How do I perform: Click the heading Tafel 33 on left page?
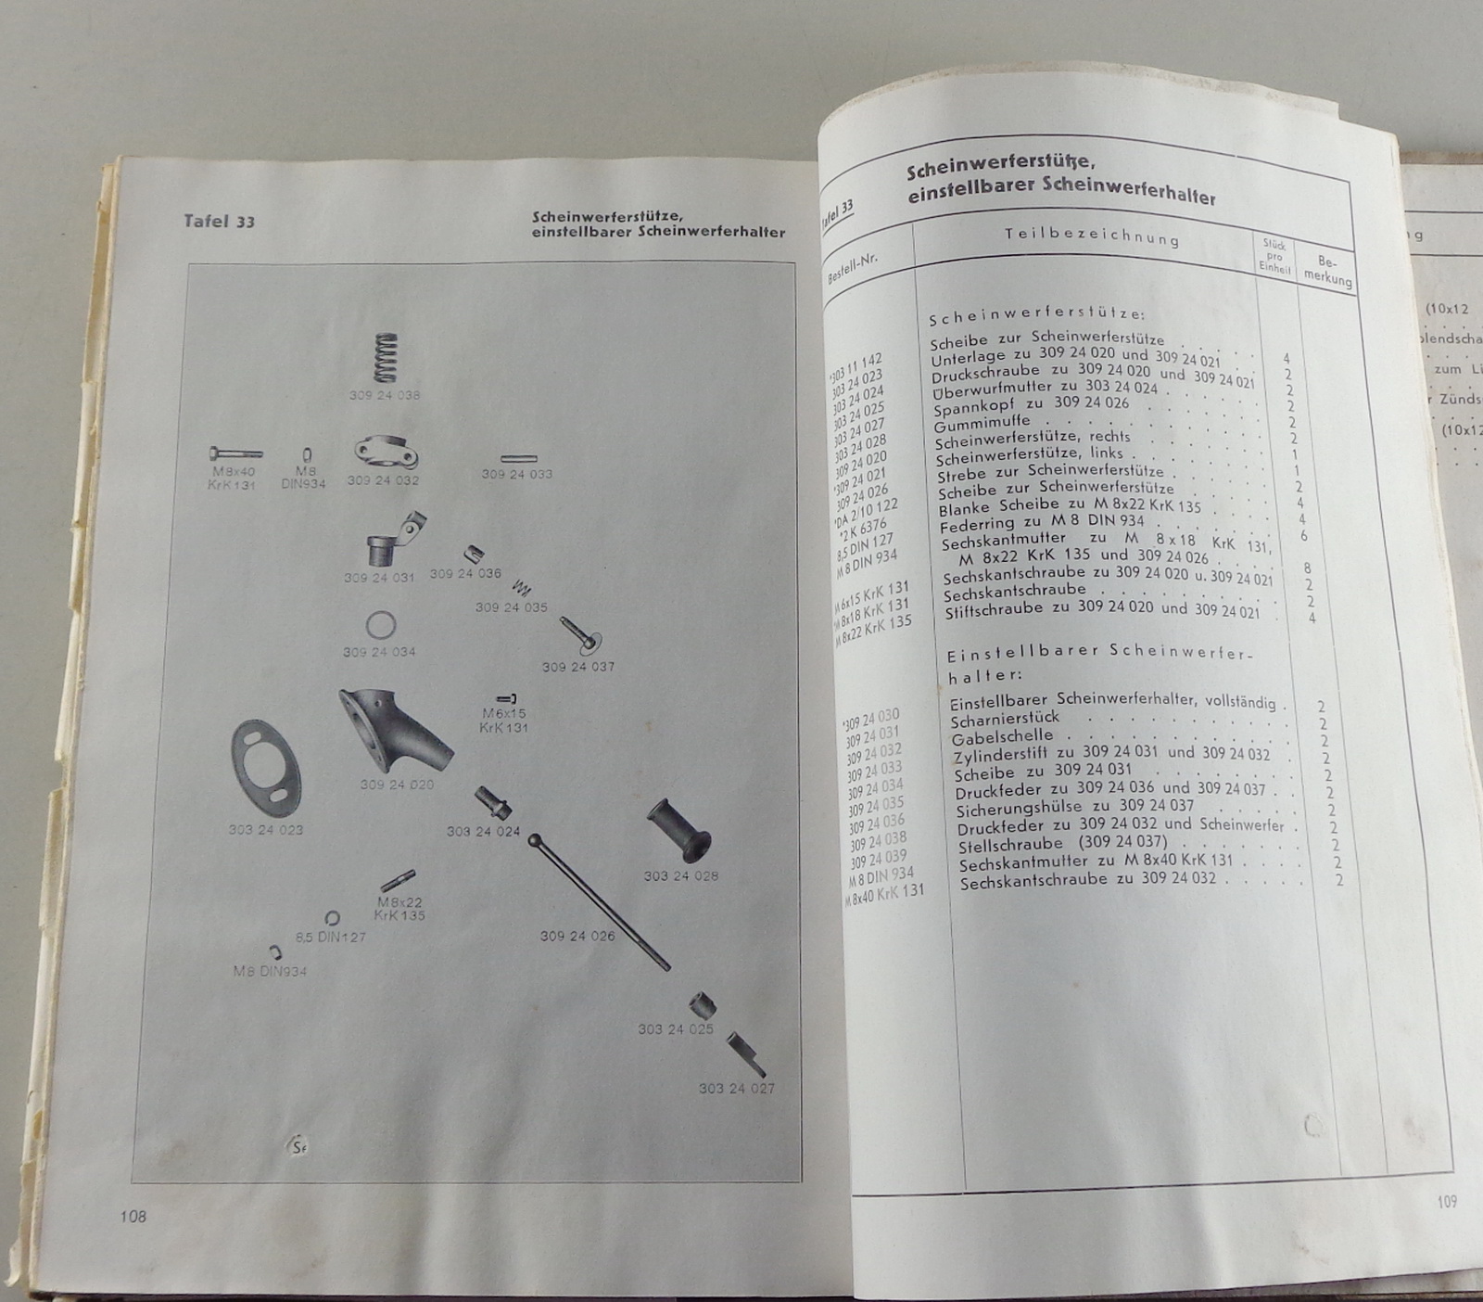click(x=219, y=221)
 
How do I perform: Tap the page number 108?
click(x=133, y=1216)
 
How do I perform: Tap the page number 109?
click(x=1447, y=1202)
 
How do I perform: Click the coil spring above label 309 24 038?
click(x=385, y=357)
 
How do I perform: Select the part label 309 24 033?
click(x=516, y=474)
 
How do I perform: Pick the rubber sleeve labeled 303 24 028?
click(x=680, y=831)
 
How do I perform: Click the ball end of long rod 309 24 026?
click(x=535, y=840)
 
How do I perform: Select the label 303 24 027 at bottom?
click(x=736, y=1088)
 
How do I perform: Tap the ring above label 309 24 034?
click(x=380, y=625)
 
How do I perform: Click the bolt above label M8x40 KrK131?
click(x=235, y=453)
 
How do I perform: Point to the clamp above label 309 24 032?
click(x=386, y=453)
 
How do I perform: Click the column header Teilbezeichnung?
click(x=1091, y=236)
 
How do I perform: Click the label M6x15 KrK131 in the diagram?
click(x=503, y=721)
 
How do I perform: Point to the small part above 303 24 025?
click(x=702, y=1004)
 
